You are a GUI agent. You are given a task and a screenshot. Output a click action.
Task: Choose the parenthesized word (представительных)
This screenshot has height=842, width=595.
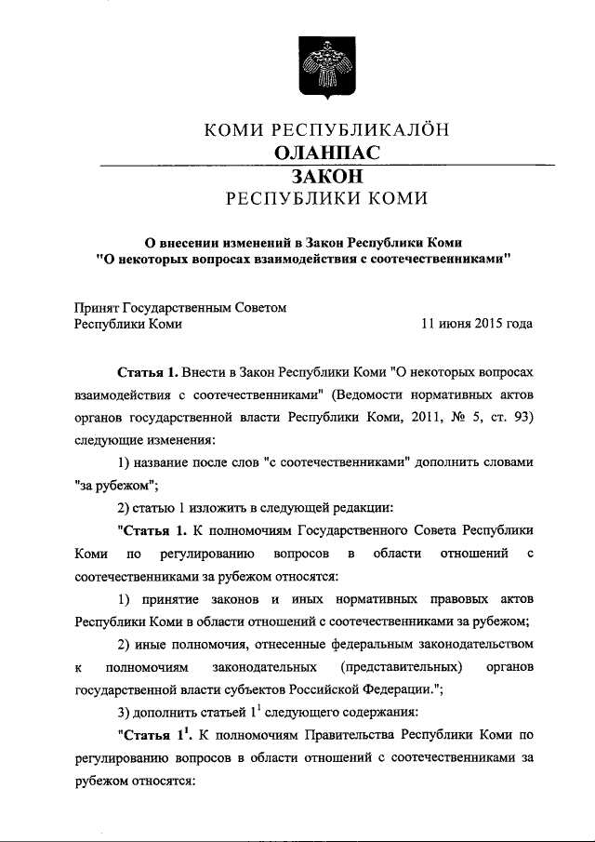coord(401,668)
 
